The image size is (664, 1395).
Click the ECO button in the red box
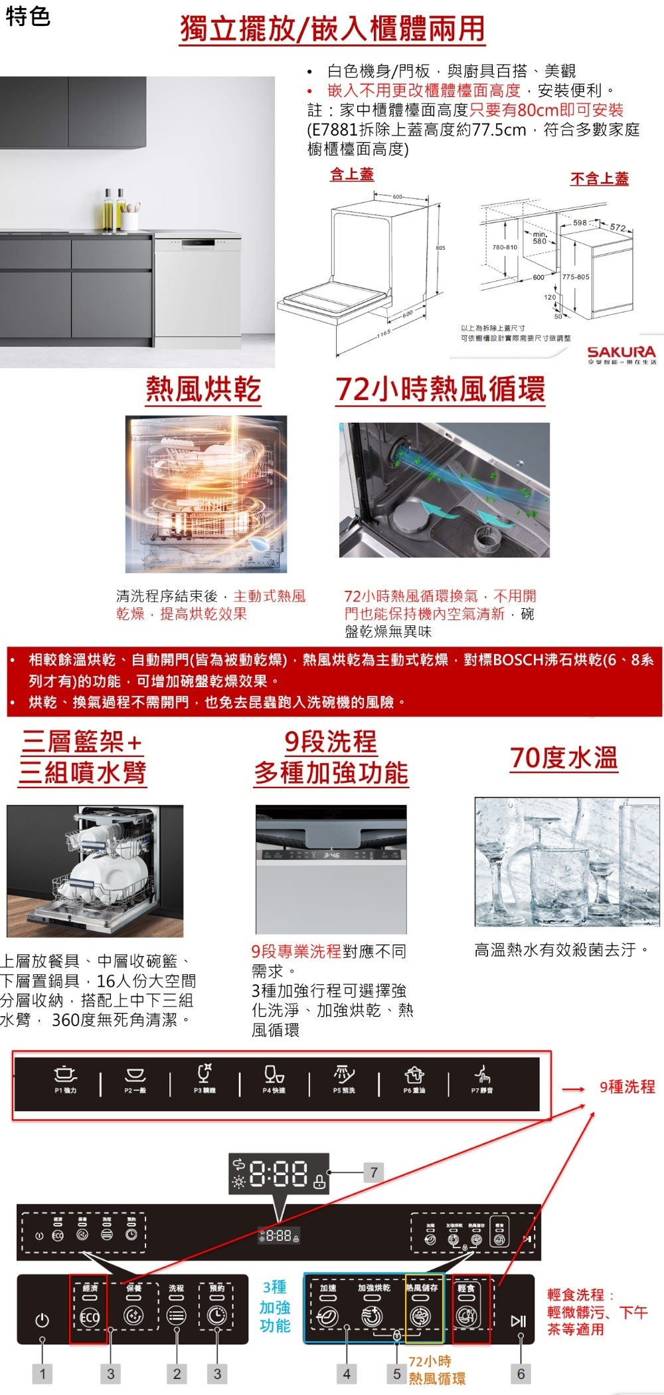coord(89,1317)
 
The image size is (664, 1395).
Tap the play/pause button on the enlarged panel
coord(518,1320)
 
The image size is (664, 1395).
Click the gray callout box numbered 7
coord(374,1172)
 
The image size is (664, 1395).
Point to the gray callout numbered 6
coord(521,1373)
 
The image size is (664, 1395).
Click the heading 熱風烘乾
coord(203,389)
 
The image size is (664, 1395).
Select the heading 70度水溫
coord(564,758)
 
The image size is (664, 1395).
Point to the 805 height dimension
coord(440,247)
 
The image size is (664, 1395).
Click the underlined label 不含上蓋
coord(599,178)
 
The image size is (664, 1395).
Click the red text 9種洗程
coord(627,1087)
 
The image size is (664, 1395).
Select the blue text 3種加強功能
coord(275,1307)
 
